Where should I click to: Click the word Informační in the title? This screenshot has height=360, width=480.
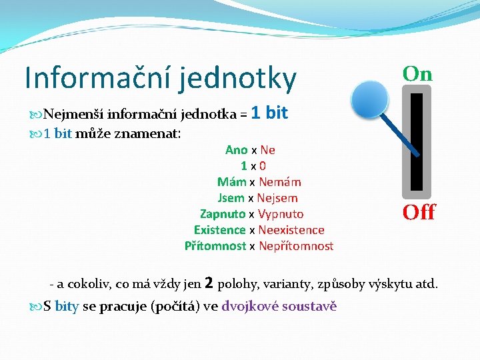(97, 78)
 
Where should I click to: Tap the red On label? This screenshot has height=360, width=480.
(417, 74)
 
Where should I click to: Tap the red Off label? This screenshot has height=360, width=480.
(419, 213)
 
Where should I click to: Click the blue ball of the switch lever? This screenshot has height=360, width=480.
(370, 99)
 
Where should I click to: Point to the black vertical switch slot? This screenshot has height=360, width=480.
(417, 142)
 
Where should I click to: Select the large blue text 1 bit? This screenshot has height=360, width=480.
(269, 113)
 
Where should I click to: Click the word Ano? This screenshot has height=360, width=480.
(236, 150)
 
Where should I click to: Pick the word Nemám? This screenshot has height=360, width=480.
(280, 182)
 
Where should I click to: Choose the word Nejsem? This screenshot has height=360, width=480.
(278, 198)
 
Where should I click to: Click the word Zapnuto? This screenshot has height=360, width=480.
(223, 214)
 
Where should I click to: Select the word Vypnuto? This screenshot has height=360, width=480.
(281, 214)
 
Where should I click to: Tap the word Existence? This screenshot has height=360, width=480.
(219, 230)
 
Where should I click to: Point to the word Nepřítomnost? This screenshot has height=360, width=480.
(295, 246)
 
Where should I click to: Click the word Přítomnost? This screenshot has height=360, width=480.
(215, 246)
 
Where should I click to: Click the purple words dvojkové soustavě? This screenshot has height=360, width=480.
(279, 307)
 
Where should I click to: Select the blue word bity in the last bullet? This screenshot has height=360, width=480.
(67, 307)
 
